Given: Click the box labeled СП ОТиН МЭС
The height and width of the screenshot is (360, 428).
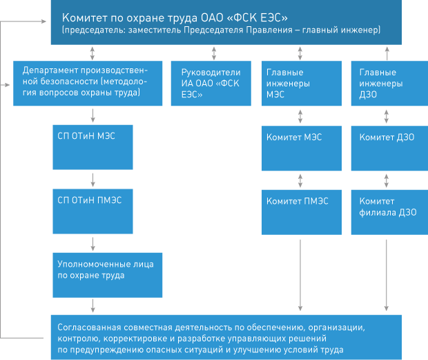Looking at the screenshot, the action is (x=93, y=147).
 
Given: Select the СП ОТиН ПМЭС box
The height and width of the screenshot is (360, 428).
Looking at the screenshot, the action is (x=93, y=211).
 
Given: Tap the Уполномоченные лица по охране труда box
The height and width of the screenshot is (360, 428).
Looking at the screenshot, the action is (x=108, y=275).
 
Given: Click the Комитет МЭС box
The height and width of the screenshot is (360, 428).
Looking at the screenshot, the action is (x=302, y=149).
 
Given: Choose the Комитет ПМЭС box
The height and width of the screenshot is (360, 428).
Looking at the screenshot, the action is (x=302, y=212).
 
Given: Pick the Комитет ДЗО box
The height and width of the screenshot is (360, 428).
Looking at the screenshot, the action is (x=389, y=149).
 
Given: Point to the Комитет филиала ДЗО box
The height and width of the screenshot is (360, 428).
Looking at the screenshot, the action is (x=389, y=212).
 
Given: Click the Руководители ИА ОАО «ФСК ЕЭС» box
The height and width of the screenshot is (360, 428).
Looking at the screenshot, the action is (x=211, y=84).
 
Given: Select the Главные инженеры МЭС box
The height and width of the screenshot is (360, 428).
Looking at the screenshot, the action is (x=302, y=84).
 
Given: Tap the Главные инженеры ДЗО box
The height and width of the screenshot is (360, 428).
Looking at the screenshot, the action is (x=389, y=84).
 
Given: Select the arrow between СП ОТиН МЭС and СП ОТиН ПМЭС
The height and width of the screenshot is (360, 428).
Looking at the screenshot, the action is (x=93, y=180).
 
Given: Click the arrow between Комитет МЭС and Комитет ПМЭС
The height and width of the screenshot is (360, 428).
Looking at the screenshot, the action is (x=300, y=180).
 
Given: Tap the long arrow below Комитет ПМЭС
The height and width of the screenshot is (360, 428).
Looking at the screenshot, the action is (x=300, y=275).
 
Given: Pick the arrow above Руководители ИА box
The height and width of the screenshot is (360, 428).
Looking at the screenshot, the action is (x=214, y=53).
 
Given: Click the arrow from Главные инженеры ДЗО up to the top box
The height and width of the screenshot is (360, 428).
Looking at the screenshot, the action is (x=387, y=53).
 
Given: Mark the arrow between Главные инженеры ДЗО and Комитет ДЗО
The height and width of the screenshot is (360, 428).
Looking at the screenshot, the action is (x=387, y=116).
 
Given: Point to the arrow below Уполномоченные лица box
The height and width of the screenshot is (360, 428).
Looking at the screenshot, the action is (x=93, y=305).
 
